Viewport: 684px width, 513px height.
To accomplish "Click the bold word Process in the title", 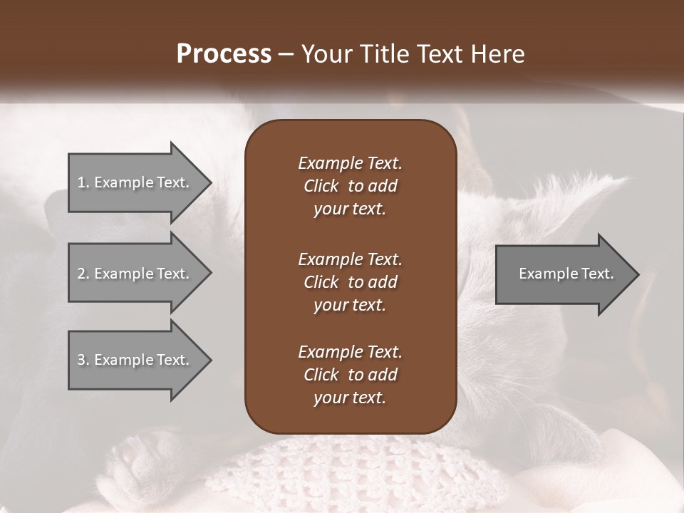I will click(224, 54).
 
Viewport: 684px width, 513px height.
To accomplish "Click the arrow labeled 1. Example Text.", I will click(135, 182).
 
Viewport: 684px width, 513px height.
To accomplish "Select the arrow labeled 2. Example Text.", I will click(135, 274).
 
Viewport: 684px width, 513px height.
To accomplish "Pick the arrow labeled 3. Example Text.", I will click(135, 360).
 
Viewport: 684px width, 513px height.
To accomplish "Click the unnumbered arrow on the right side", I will click(563, 274).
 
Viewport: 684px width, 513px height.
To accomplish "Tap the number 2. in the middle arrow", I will click(83, 274).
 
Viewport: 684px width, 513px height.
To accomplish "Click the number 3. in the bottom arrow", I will click(83, 360).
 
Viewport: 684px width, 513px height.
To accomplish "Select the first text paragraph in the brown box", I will click(350, 186).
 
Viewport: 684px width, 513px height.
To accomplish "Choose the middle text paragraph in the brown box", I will click(350, 282).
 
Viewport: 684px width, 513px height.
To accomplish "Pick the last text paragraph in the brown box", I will click(350, 375).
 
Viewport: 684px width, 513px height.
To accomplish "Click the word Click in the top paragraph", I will click(321, 186).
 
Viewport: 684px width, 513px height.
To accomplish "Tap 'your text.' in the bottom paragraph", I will click(350, 398).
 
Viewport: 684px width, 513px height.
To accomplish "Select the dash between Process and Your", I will click(286, 54).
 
